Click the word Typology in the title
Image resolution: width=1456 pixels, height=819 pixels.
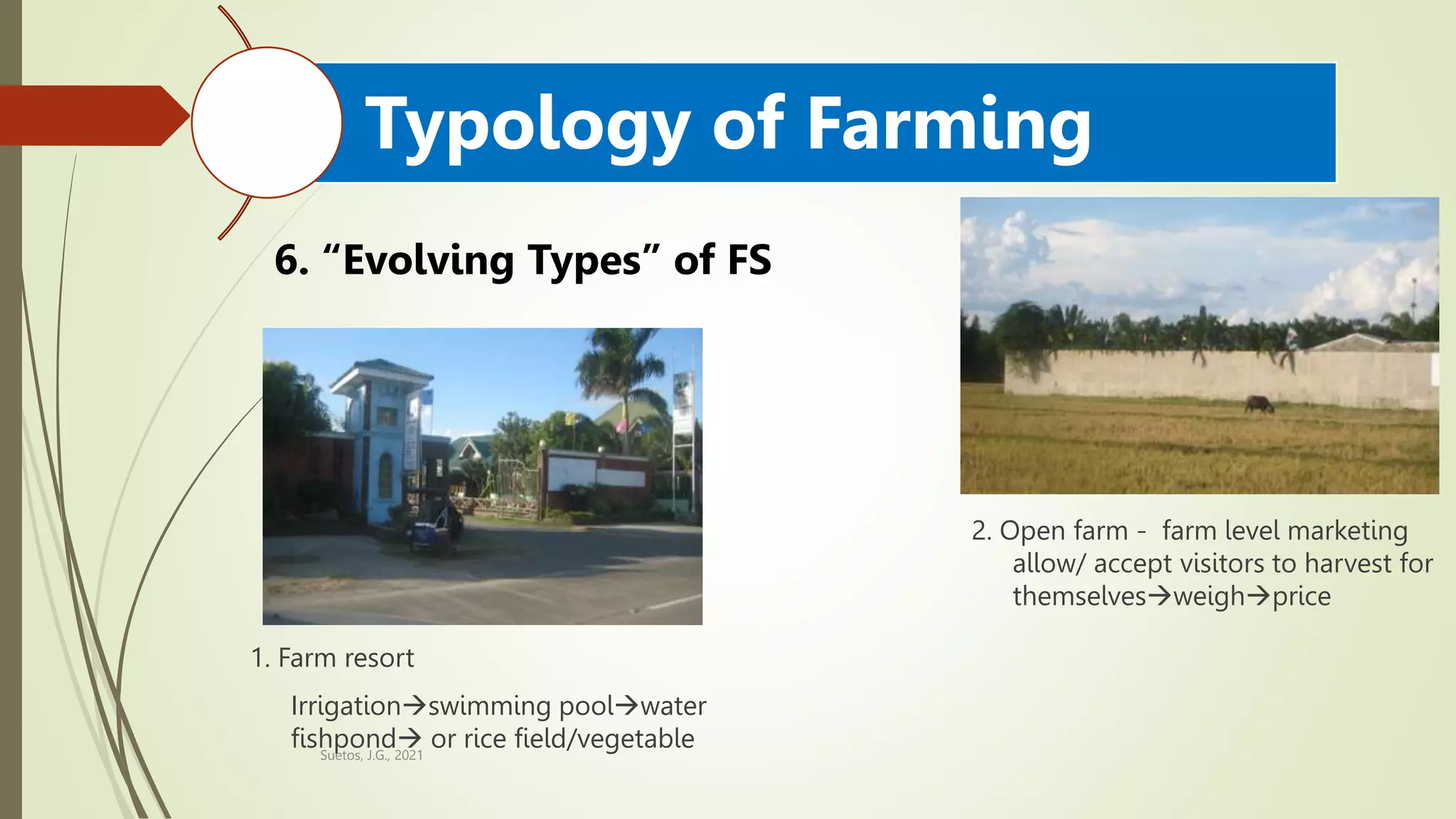[x=526, y=127]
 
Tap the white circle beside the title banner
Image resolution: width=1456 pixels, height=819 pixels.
[x=267, y=122]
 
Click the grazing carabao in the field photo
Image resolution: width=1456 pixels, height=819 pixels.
[x=1258, y=405]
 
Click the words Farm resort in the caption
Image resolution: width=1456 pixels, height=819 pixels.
[x=346, y=658]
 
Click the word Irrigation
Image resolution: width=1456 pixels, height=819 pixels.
[x=346, y=706]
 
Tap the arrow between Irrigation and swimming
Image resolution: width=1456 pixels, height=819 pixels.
[x=414, y=706]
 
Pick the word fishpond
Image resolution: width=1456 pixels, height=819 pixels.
[x=343, y=738]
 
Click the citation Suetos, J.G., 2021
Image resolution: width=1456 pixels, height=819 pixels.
[x=371, y=756]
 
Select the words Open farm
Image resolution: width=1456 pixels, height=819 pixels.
[x=1064, y=531]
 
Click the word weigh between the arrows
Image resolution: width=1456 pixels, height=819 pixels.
[x=1209, y=596]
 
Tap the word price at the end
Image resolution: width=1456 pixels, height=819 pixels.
[x=1301, y=596]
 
